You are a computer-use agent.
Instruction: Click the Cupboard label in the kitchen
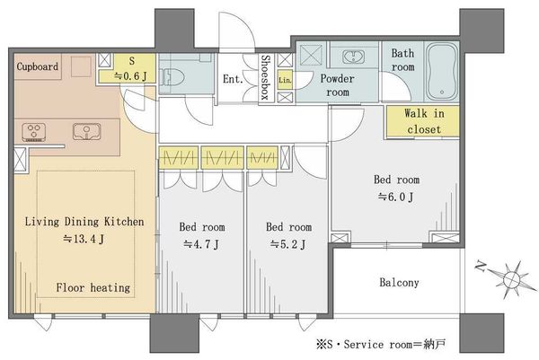pyautogui.click(x=38, y=66)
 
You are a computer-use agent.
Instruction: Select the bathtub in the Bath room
pyautogui.click(x=442, y=72)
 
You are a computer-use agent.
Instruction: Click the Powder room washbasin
pyautogui.click(x=353, y=57)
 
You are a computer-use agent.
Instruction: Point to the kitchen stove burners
pyautogui.click(x=34, y=132)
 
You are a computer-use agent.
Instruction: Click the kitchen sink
pyautogui.click(x=87, y=132)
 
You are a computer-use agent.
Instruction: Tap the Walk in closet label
pyautogui.click(x=424, y=121)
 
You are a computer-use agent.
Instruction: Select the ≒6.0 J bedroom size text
pyautogui.click(x=396, y=197)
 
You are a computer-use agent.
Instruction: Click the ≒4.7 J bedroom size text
pyautogui.click(x=201, y=244)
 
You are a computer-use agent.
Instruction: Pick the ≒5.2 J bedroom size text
pyautogui.click(x=287, y=244)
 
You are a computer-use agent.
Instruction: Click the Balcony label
pyautogui.click(x=399, y=283)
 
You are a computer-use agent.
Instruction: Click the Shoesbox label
pyautogui.click(x=265, y=77)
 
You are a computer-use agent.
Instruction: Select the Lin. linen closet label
pyautogui.click(x=285, y=80)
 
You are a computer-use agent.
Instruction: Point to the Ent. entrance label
pyautogui.click(x=233, y=79)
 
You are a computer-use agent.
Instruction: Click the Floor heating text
pyautogui.click(x=93, y=287)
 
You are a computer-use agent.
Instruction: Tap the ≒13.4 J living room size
pyautogui.click(x=84, y=239)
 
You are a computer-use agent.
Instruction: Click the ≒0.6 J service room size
pyautogui.click(x=130, y=76)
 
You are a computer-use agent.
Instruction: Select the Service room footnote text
pyautogui.click(x=382, y=344)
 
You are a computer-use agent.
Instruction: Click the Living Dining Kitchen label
pyautogui.click(x=84, y=222)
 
